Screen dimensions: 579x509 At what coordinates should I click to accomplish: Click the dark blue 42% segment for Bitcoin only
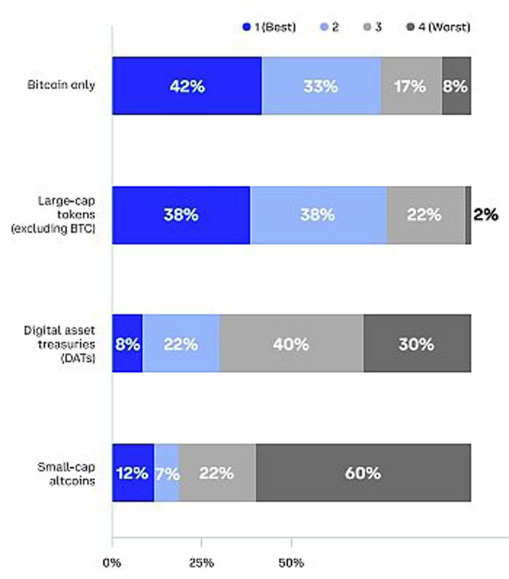(187, 86)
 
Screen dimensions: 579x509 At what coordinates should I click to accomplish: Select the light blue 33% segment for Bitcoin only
(321, 86)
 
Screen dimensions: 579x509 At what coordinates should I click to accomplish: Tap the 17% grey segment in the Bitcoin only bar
(411, 86)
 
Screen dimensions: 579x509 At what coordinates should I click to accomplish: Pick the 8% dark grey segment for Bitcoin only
(456, 86)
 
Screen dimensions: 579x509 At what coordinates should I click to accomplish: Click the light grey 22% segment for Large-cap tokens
(426, 215)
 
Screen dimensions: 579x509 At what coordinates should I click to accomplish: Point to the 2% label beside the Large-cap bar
(486, 215)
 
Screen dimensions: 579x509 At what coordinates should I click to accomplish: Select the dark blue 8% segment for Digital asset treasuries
(127, 343)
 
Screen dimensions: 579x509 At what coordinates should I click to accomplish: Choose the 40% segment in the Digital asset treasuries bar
(292, 343)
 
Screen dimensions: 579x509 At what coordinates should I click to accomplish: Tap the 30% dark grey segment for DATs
(417, 343)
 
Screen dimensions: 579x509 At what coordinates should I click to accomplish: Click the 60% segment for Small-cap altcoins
(363, 472)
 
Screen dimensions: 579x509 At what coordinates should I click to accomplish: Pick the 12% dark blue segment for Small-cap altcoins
(133, 472)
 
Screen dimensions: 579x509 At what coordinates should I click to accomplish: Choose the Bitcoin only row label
(62, 86)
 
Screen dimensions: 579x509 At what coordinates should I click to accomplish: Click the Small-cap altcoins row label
(66, 472)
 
